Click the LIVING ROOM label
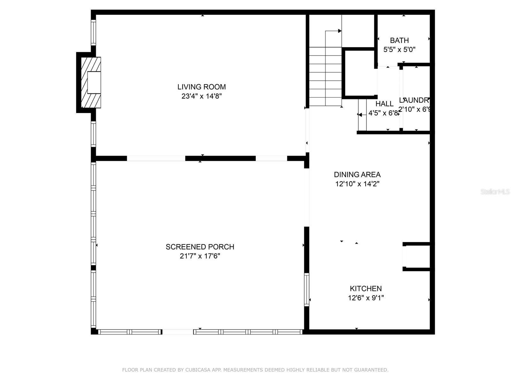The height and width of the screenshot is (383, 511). pos(202,87)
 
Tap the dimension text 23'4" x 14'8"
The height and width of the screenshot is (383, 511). pos(202,96)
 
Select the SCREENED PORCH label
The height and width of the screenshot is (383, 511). pos(200,247)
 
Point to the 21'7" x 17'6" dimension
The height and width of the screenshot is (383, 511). pos(200,256)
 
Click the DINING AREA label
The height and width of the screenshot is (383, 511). pos(357,175)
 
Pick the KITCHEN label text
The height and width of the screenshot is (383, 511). pos(366,289)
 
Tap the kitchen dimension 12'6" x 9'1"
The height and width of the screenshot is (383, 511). pos(366,298)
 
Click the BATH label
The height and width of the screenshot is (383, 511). pos(399,41)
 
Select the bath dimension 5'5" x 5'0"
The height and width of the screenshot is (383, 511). pos(399,50)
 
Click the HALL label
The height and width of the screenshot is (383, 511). pos(384,104)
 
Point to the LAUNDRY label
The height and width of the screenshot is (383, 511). pos(414,100)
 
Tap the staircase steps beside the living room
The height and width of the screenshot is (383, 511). pos(325,77)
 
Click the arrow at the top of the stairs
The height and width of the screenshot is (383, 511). pos(339,31)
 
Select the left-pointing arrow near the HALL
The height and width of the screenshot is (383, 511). pos(360,115)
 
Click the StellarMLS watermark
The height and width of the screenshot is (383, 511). pos(495,192)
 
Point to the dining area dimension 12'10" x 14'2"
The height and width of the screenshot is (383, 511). pos(357,184)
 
